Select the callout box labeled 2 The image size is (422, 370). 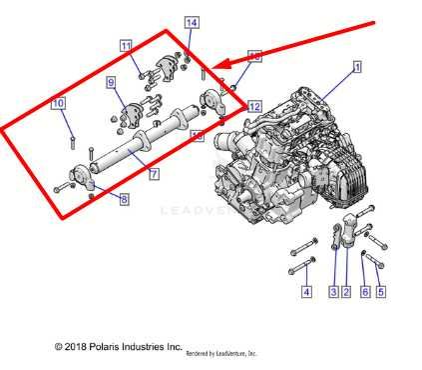(345, 292)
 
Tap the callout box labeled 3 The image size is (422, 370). (332, 292)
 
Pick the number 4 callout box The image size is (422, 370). (306, 292)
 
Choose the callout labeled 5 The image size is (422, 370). (380, 292)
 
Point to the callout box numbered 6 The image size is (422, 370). (364, 292)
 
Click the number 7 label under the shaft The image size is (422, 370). (154, 174)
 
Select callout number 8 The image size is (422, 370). (124, 200)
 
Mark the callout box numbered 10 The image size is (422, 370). (59, 103)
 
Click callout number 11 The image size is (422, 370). (126, 46)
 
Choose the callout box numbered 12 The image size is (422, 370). (254, 105)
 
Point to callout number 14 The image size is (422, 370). (192, 22)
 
